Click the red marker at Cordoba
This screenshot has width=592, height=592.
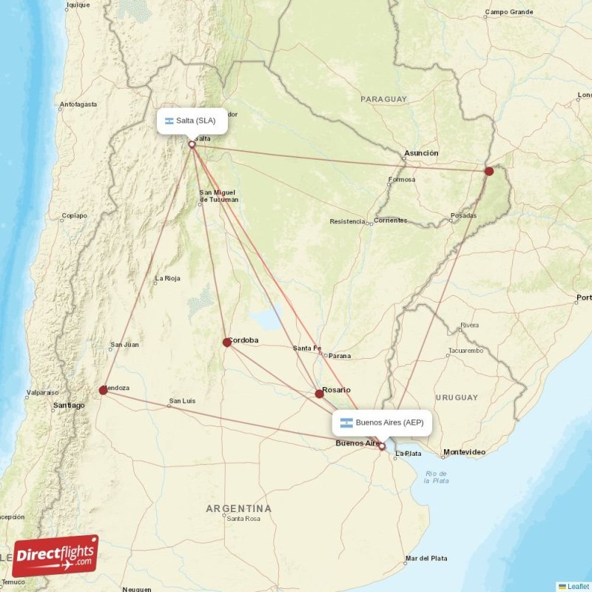227,342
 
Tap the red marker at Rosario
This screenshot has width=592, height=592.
319,394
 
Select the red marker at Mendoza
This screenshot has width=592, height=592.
103,390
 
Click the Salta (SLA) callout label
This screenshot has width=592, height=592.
192,121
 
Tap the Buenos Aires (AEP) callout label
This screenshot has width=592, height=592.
382,423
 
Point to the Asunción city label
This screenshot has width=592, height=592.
420,153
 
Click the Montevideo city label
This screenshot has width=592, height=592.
464,451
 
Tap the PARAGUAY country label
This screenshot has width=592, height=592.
383,98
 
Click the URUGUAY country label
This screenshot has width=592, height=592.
457,397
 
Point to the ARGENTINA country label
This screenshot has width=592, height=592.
238,508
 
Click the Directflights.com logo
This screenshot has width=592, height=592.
55,555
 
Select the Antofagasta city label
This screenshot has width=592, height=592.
78,104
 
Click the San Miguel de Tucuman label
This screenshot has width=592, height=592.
218,196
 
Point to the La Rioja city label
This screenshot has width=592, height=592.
167,279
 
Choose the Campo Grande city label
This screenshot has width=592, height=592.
509,12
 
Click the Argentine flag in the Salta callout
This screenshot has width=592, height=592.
169,121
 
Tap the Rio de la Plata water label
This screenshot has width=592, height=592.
436,477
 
